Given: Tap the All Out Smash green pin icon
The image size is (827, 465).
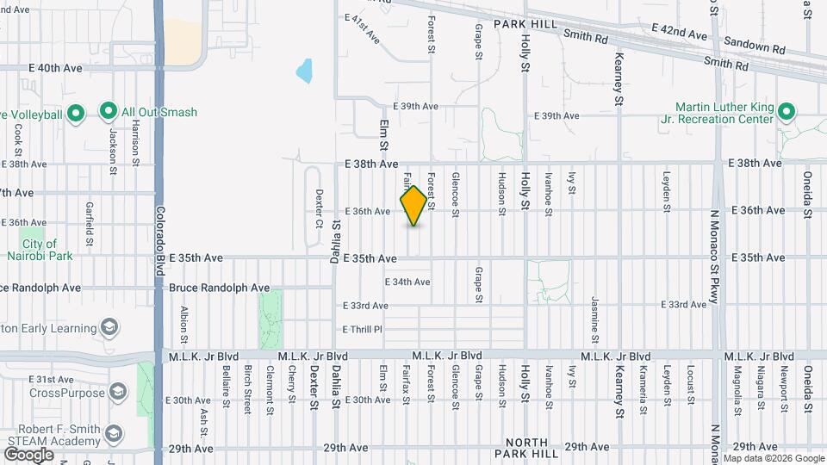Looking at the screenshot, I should coord(108,111).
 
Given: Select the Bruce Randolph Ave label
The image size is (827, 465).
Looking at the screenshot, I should coord(219,288).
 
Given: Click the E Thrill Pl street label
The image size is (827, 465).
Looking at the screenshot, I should coord(362,329).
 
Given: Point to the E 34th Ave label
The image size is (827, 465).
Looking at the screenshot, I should coord(407,282).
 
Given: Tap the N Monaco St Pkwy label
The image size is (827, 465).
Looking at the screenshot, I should coord(715,257).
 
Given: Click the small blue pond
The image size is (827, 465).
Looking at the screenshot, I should coord(304,71).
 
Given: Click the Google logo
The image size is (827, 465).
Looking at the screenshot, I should coord(28,454).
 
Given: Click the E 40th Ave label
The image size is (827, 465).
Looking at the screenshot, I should coord(54,67).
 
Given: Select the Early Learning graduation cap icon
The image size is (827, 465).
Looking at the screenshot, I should coord(110,328).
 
